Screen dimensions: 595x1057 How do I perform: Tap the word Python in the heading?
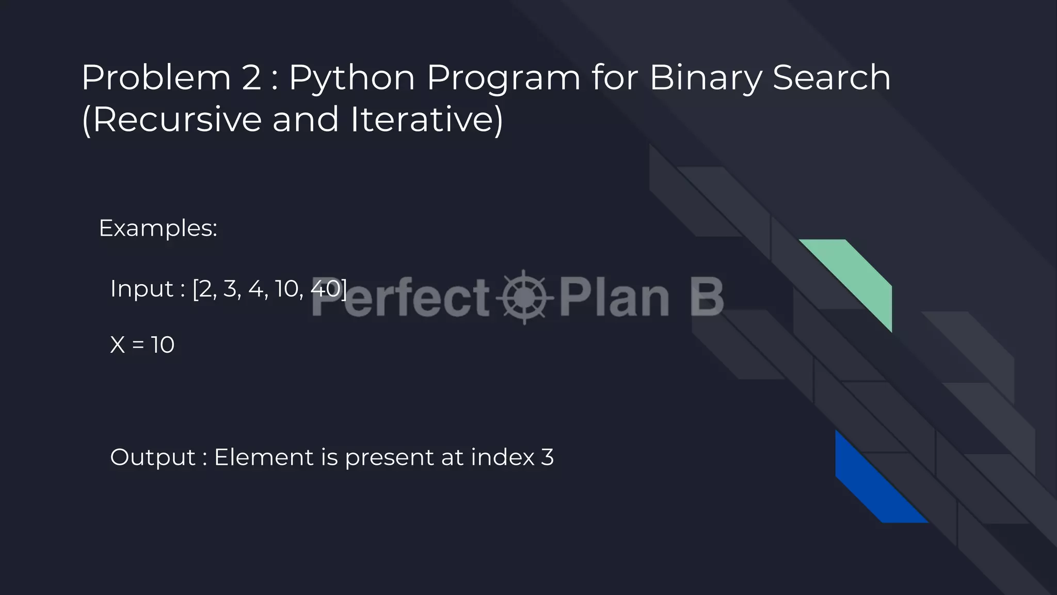point(351,79)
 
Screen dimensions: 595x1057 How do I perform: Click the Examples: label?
point(158,228)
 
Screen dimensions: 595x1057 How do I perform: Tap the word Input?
point(141,289)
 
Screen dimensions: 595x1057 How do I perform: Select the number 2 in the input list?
point(206,289)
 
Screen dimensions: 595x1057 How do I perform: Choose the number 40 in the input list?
point(326,289)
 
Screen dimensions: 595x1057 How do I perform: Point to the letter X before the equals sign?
point(118,345)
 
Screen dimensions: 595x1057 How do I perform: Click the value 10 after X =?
point(163,345)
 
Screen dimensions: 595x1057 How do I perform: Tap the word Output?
point(153,458)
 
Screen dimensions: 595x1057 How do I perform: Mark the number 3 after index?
point(548,457)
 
